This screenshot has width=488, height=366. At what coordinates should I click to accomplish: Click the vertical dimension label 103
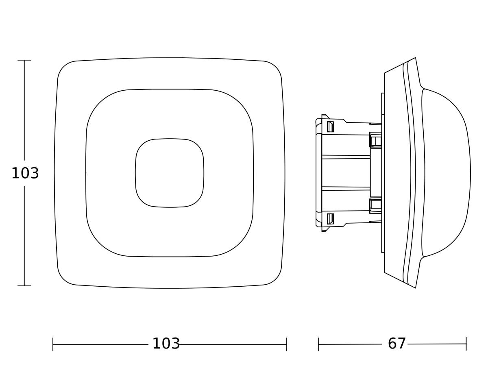pos(25,173)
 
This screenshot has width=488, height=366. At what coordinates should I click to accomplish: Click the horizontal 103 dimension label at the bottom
pos(166,344)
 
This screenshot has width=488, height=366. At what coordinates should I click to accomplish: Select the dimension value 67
pos(396,344)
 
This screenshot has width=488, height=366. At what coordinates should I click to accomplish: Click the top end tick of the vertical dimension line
pos(24,60)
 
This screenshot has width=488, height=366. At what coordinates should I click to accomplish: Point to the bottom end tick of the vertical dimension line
pos(24,286)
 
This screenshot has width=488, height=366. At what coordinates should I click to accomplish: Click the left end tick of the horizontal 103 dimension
pos(53,344)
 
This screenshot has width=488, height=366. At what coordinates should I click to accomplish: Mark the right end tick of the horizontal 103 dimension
pos(287,344)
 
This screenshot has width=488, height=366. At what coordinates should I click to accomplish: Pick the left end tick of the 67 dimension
pos(318,344)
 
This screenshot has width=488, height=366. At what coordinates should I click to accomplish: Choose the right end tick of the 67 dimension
pos(466,344)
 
